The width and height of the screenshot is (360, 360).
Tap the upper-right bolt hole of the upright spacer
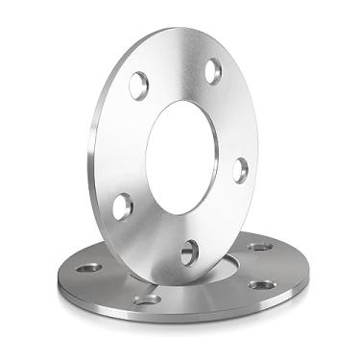click(x=213, y=71)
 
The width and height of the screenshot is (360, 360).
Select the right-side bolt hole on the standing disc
click(x=240, y=169)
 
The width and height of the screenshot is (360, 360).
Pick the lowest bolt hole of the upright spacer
click(x=189, y=252)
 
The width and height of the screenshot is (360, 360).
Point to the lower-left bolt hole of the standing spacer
click(x=123, y=204)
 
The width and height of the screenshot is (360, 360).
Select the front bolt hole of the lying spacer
click(x=147, y=300)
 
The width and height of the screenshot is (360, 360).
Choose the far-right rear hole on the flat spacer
click(x=258, y=247)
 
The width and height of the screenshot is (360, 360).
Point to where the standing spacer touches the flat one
click(x=163, y=279)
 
